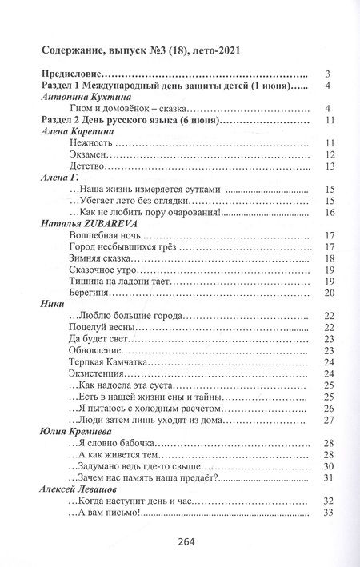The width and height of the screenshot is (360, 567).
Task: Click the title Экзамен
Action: [84, 154]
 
